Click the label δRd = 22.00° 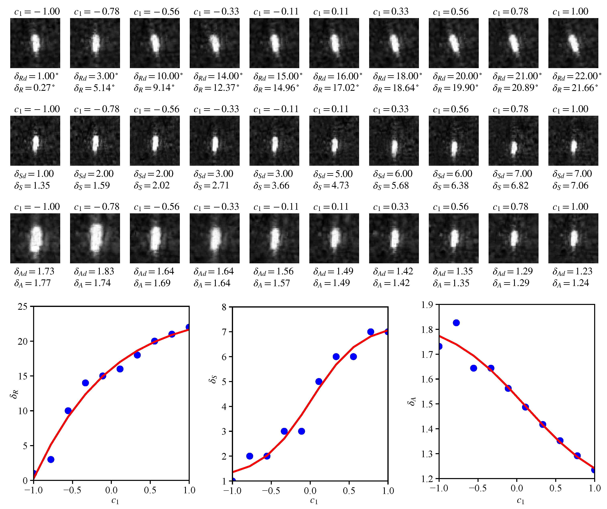(x=576, y=76)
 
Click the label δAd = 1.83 (x=94, y=271)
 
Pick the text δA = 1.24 (x=571, y=283)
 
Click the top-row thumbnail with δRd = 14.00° (x=214, y=43)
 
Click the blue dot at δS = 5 (x=319, y=381)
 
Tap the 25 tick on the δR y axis (x=22, y=307)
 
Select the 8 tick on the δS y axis (x=224, y=307)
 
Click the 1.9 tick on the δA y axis (x=427, y=305)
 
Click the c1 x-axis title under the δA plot (x=520, y=500)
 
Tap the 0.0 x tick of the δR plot (x=111, y=490)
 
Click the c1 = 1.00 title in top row (x=570, y=12)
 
